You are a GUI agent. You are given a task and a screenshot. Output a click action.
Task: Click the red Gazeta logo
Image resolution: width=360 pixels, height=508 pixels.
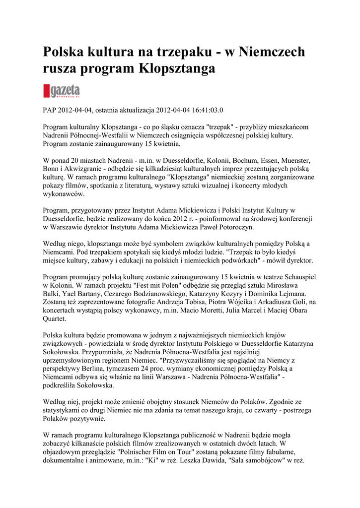click(x=62, y=91)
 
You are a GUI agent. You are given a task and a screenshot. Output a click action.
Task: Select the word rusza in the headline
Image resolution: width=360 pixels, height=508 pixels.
click(x=61, y=68)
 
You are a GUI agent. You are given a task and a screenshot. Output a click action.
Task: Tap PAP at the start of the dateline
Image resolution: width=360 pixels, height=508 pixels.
click(x=51, y=109)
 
